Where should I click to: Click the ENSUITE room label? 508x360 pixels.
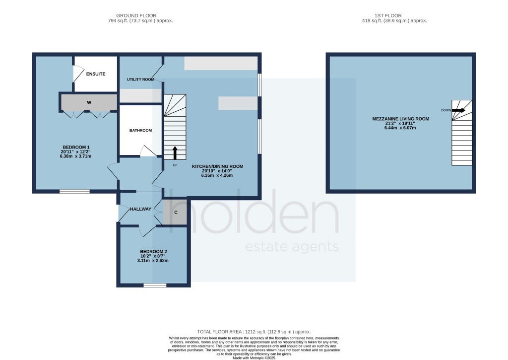pos(95,74)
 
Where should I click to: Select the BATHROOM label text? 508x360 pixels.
pos(140,131)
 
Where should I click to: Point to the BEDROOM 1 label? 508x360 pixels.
pos(76,146)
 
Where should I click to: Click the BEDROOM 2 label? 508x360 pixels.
pos(153,251)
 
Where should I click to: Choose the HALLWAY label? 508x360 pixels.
pos(140,209)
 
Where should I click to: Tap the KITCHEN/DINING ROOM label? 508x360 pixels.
pos(217,166)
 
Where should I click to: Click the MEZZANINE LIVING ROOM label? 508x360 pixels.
pos(400,119)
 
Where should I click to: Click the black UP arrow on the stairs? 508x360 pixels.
pos(175,153)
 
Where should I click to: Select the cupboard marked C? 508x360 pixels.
pos(175,212)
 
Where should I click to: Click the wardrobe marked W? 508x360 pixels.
pos(89,102)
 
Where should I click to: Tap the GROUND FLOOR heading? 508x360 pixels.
pos(140,15)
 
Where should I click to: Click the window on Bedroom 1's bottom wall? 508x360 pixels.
pos(74,192)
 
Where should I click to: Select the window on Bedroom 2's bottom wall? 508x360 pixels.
pos(155,286)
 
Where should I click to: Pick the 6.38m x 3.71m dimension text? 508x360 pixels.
pos(76,156)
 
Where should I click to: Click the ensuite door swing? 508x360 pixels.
pos(78,74)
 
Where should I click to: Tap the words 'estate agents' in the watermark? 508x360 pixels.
pos(292,247)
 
